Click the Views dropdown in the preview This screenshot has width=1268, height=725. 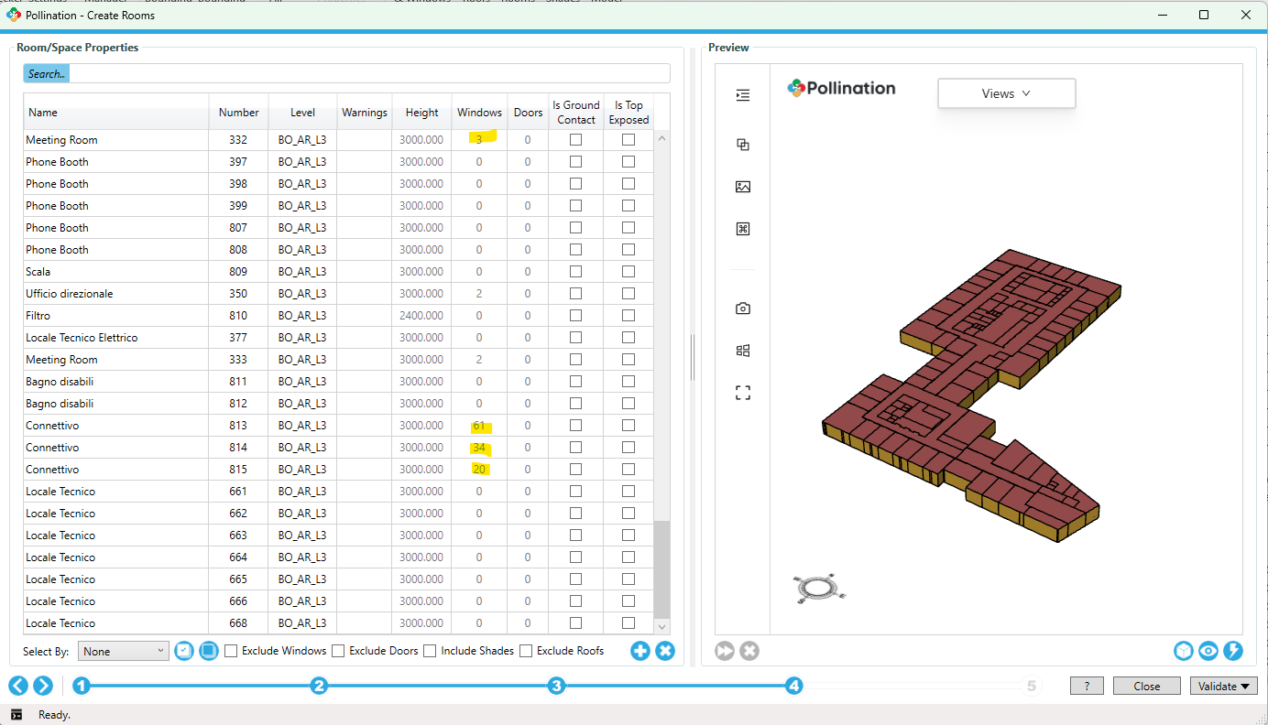(x=1006, y=93)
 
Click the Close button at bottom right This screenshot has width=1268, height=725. (x=1146, y=686)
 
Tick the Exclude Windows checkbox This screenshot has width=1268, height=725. (x=232, y=651)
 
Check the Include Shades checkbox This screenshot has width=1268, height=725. (x=430, y=651)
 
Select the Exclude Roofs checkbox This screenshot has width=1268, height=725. (x=526, y=651)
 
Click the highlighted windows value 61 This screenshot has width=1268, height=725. (x=479, y=426)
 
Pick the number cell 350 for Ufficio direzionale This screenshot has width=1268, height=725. (x=238, y=294)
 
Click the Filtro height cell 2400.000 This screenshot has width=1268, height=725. (x=421, y=316)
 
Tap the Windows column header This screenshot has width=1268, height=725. (x=479, y=113)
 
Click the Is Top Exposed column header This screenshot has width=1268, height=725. (x=629, y=113)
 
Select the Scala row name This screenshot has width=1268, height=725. (x=38, y=272)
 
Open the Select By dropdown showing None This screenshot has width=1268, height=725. (x=123, y=651)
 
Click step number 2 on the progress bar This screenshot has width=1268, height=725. (x=319, y=686)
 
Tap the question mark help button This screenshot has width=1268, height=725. (x=1087, y=686)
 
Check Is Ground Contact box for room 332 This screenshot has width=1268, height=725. (x=575, y=140)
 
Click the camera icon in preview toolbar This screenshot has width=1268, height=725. (x=743, y=308)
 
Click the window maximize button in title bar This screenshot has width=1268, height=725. (x=1204, y=15)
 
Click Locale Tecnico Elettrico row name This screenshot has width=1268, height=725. (x=82, y=338)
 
